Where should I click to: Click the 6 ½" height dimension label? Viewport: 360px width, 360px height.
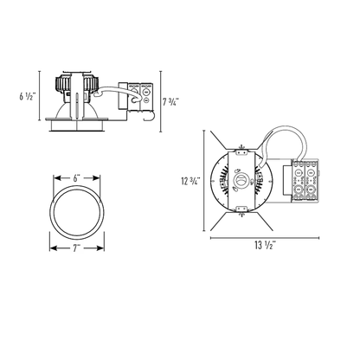click(x=28, y=96)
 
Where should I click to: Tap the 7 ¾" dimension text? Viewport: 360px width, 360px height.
click(x=171, y=102)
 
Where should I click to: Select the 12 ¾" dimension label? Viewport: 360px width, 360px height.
click(x=190, y=181)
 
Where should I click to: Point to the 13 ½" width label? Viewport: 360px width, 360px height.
click(x=265, y=245)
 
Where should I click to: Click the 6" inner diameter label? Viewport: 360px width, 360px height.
click(x=76, y=178)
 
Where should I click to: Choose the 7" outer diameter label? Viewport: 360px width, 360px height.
click(x=76, y=248)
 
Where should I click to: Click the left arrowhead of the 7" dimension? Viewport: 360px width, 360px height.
click(x=55, y=248)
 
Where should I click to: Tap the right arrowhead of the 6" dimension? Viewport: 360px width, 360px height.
click(x=95, y=178)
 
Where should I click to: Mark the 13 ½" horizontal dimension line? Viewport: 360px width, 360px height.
click(x=265, y=238)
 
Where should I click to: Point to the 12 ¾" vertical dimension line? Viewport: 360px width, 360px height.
click(x=204, y=181)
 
